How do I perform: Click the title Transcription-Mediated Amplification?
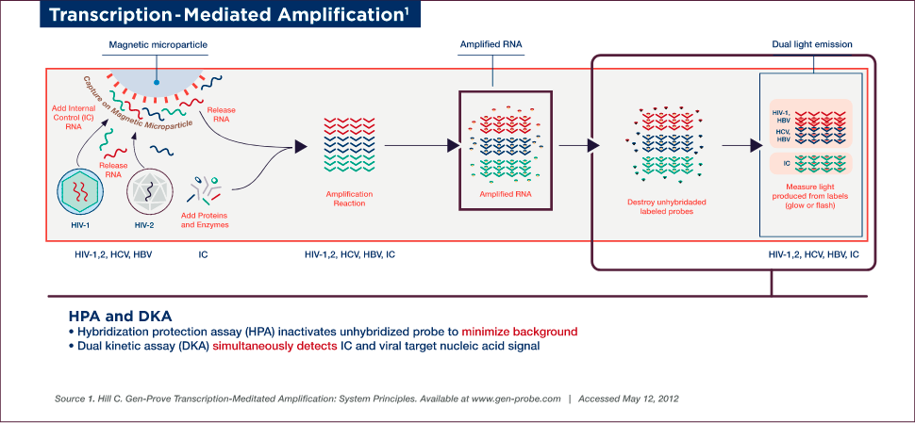click(x=211, y=16)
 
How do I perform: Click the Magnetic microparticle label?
click(x=158, y=46)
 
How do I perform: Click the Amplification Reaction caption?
click(x=349, y=198)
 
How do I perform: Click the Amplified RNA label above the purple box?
click(x=491, y=46)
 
